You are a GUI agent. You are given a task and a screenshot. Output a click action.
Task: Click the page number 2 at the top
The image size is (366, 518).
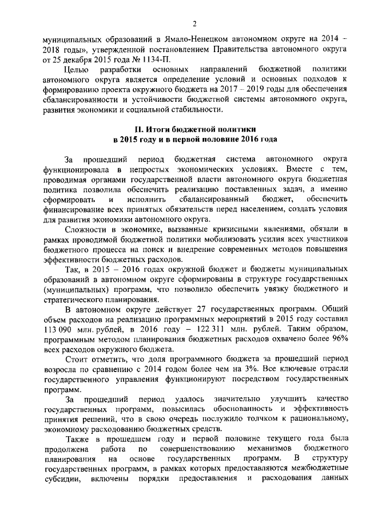tap(194, 23)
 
